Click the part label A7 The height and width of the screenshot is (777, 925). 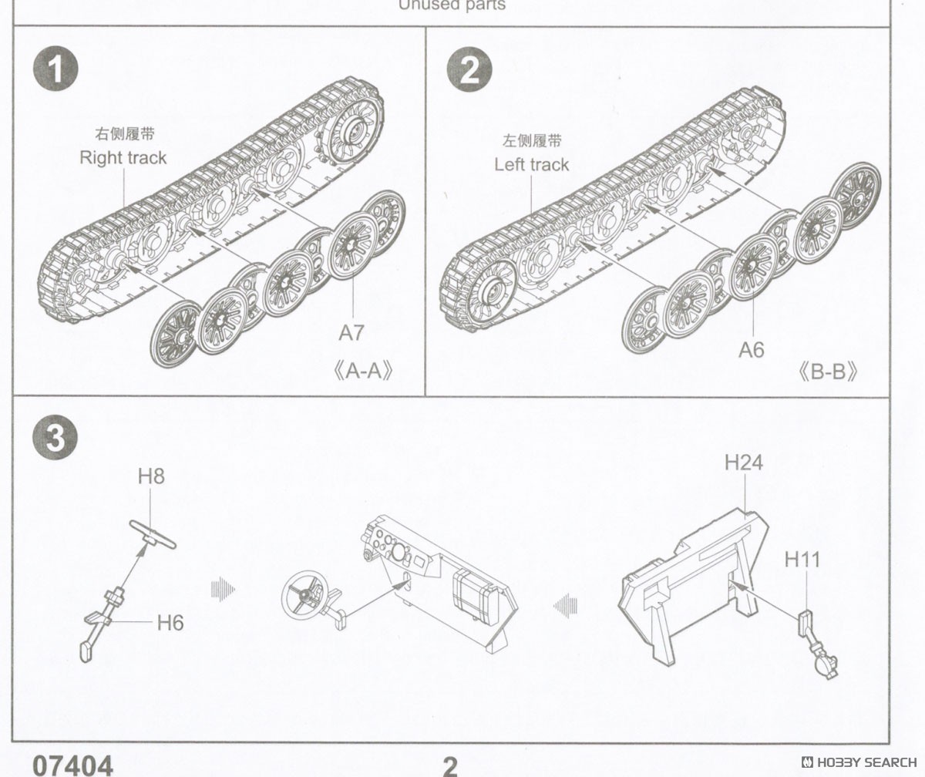pos(351,333)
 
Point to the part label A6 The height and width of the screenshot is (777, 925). pos(751,350)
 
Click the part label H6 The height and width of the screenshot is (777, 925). pos(170,623)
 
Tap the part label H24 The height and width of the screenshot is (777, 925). pos(743,462)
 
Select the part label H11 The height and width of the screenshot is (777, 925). pos(802,559)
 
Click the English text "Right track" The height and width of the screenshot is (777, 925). pos(123,158)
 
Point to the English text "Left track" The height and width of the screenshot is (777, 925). pos(532,164)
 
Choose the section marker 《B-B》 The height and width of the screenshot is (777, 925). pos(829,372)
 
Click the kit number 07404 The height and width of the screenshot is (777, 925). pos(72,765)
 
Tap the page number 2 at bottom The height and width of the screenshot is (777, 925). pos(450,765)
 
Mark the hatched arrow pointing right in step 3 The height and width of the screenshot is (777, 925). pos(222,590)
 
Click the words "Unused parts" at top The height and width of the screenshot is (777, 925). pos(452,5)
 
